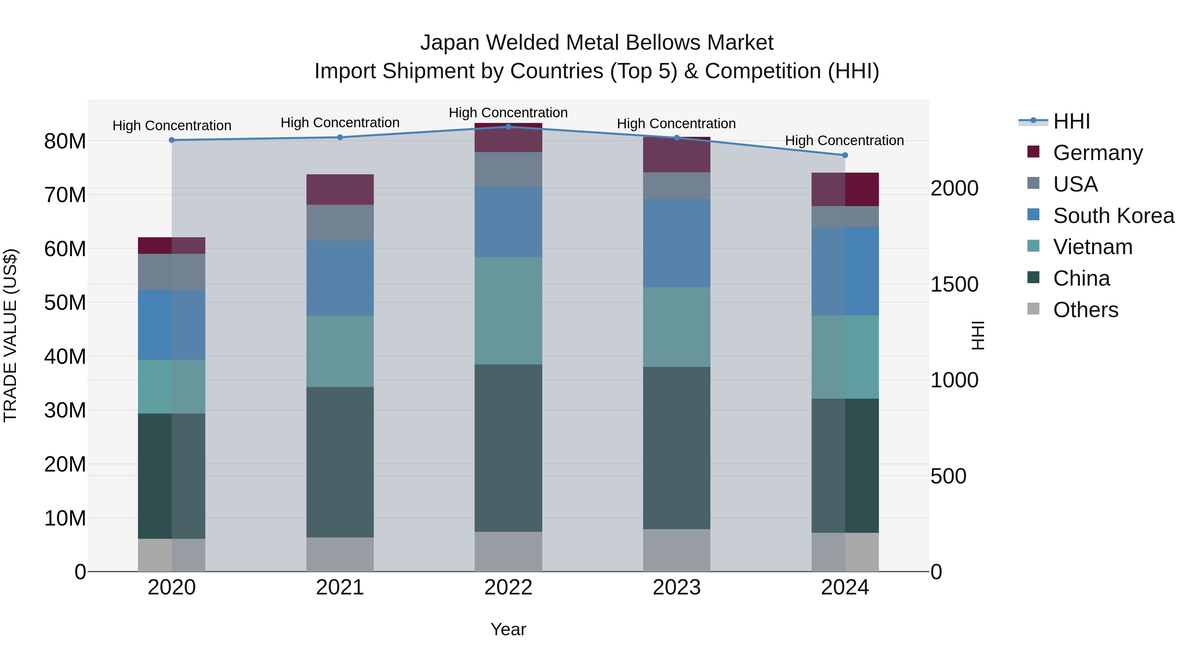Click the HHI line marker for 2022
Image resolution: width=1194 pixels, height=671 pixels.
(508, 127)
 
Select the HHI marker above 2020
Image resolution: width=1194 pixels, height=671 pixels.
(171, 140)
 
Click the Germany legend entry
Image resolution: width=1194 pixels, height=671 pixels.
(1097, 153)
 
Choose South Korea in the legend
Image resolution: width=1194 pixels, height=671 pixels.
(1113, 216)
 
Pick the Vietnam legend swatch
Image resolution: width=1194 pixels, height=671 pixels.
(1033, 246)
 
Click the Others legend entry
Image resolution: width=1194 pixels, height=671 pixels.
(1086, 310)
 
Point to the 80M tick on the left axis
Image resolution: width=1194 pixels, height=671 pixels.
(65, 141)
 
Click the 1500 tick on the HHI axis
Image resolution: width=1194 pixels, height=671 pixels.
(954, 284)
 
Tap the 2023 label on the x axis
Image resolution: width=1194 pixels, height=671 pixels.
(676, 587)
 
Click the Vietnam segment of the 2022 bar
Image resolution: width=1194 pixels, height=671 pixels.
(508, 311)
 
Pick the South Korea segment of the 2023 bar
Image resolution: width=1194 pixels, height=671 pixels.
(676, 243)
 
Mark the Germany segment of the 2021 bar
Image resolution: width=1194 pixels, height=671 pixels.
(340, 190)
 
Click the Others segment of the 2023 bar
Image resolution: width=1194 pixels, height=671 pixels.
(676, 550)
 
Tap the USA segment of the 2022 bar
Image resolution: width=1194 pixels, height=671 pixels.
(508, 169)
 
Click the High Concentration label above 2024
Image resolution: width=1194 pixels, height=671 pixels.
(844, 140)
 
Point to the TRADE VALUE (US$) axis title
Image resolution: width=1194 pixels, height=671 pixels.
(10, 335)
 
